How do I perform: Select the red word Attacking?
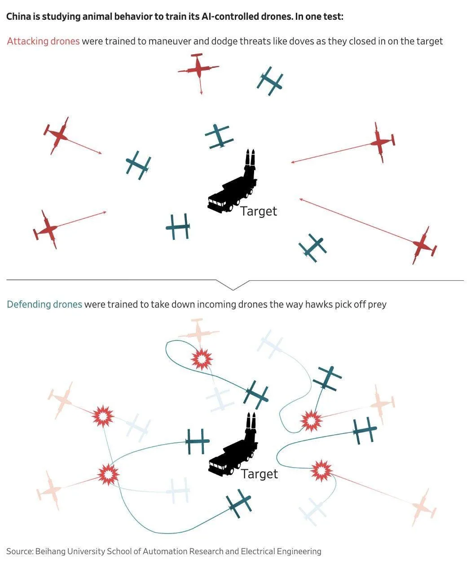27,41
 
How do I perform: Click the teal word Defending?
29,305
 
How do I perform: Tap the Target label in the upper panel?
259,212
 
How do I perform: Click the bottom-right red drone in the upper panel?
423,245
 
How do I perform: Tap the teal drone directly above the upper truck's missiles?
219,136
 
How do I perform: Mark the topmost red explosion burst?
202,359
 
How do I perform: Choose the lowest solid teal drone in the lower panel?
239,503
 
